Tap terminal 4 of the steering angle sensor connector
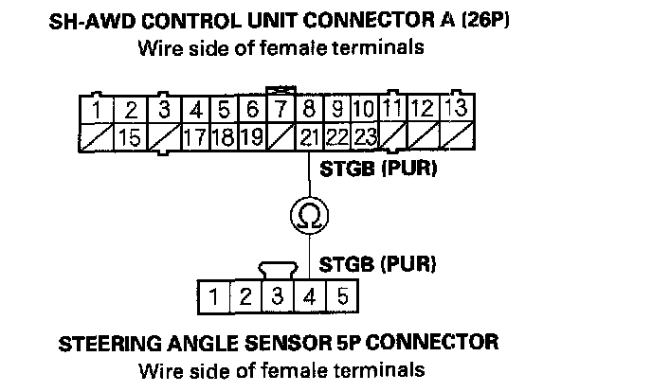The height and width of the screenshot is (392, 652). point(309,295)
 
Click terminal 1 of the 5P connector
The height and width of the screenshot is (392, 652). point(214,295)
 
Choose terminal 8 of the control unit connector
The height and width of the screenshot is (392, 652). point(309,109)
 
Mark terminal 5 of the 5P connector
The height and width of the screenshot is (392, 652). point(341,295)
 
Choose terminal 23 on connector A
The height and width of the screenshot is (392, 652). point(366,138)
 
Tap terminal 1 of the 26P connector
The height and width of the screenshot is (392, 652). point(98,109)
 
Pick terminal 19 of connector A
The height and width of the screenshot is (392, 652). point(251,138)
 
